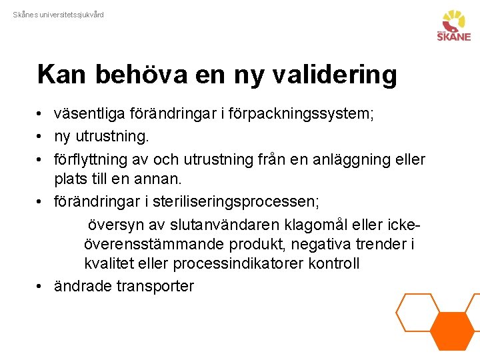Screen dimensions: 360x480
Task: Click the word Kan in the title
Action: click(63, 75)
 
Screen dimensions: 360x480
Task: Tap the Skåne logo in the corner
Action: click(453, 26)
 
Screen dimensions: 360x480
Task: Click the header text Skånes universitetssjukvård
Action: click(59, 15)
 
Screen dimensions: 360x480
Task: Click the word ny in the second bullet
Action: click(62, 137)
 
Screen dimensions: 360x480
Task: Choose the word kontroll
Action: click(334, 263)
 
